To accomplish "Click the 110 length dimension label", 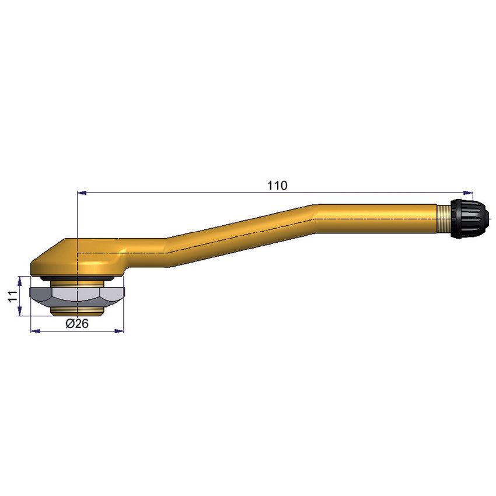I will pyautogui.click(x=277, y=186).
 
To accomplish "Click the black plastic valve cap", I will pyautogui.click(x=470, y=218).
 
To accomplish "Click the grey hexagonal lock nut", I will pyautogui.click(x=78, y=294).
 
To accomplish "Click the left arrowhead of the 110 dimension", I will pyautogui.click(x=82, y=192).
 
